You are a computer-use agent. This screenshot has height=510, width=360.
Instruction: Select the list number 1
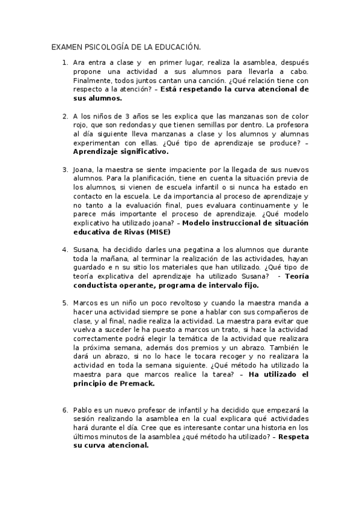65,62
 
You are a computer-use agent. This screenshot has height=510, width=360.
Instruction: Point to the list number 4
65,249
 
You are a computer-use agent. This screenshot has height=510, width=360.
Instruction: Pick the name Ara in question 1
79,62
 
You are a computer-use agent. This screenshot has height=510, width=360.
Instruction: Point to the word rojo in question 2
80,125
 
